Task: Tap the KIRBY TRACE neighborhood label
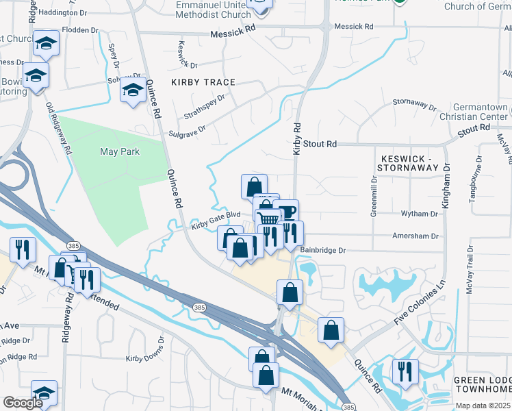click(203, 82)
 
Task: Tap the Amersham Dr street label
click(415, 236)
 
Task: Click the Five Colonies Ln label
click(420, 302)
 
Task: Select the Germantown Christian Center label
click(482, 112)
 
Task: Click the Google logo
click(23, 403)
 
